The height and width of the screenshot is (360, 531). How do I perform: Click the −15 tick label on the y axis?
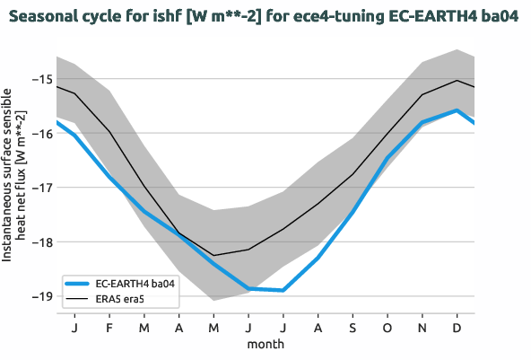pos(40,79)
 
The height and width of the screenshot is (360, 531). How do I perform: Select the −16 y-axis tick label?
pos(40,134)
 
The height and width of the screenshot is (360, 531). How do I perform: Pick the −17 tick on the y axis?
pos(40,188)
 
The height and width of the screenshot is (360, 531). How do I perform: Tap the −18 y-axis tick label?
pos(40,242)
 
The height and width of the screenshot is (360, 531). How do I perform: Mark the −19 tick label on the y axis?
pos(40,296)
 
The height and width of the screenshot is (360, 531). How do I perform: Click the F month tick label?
pos(109,328)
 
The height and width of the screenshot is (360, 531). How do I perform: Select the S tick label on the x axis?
pos(353,328)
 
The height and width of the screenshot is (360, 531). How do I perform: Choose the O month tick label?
pos(387,328)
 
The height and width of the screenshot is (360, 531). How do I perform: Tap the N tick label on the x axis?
pos(422,328)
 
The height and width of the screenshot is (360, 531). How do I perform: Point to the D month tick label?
pos(457,328)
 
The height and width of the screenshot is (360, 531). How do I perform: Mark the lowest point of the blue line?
pos(283,290)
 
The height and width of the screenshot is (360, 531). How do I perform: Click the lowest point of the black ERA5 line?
pos(213,256)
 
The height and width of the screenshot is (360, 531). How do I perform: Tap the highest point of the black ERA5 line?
pos(457,80)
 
